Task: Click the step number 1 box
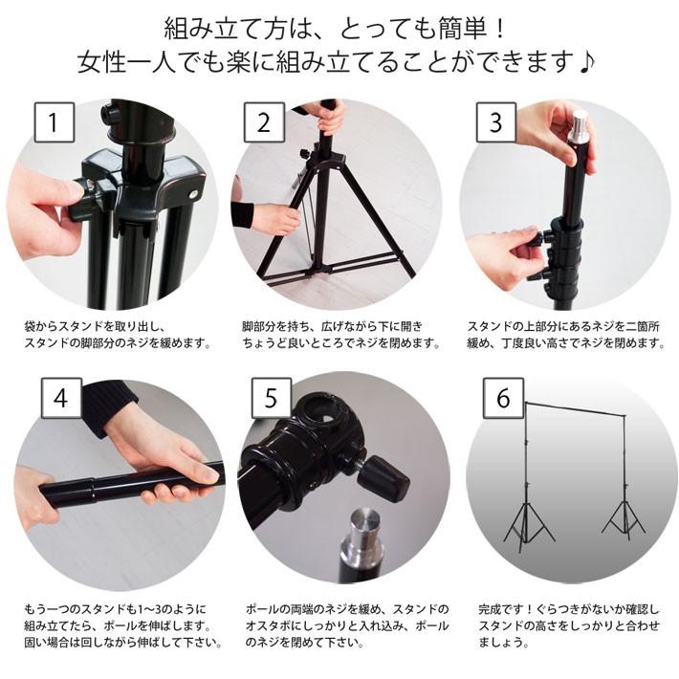(x=55, y=123)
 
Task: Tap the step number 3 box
(x=494, y=123)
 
